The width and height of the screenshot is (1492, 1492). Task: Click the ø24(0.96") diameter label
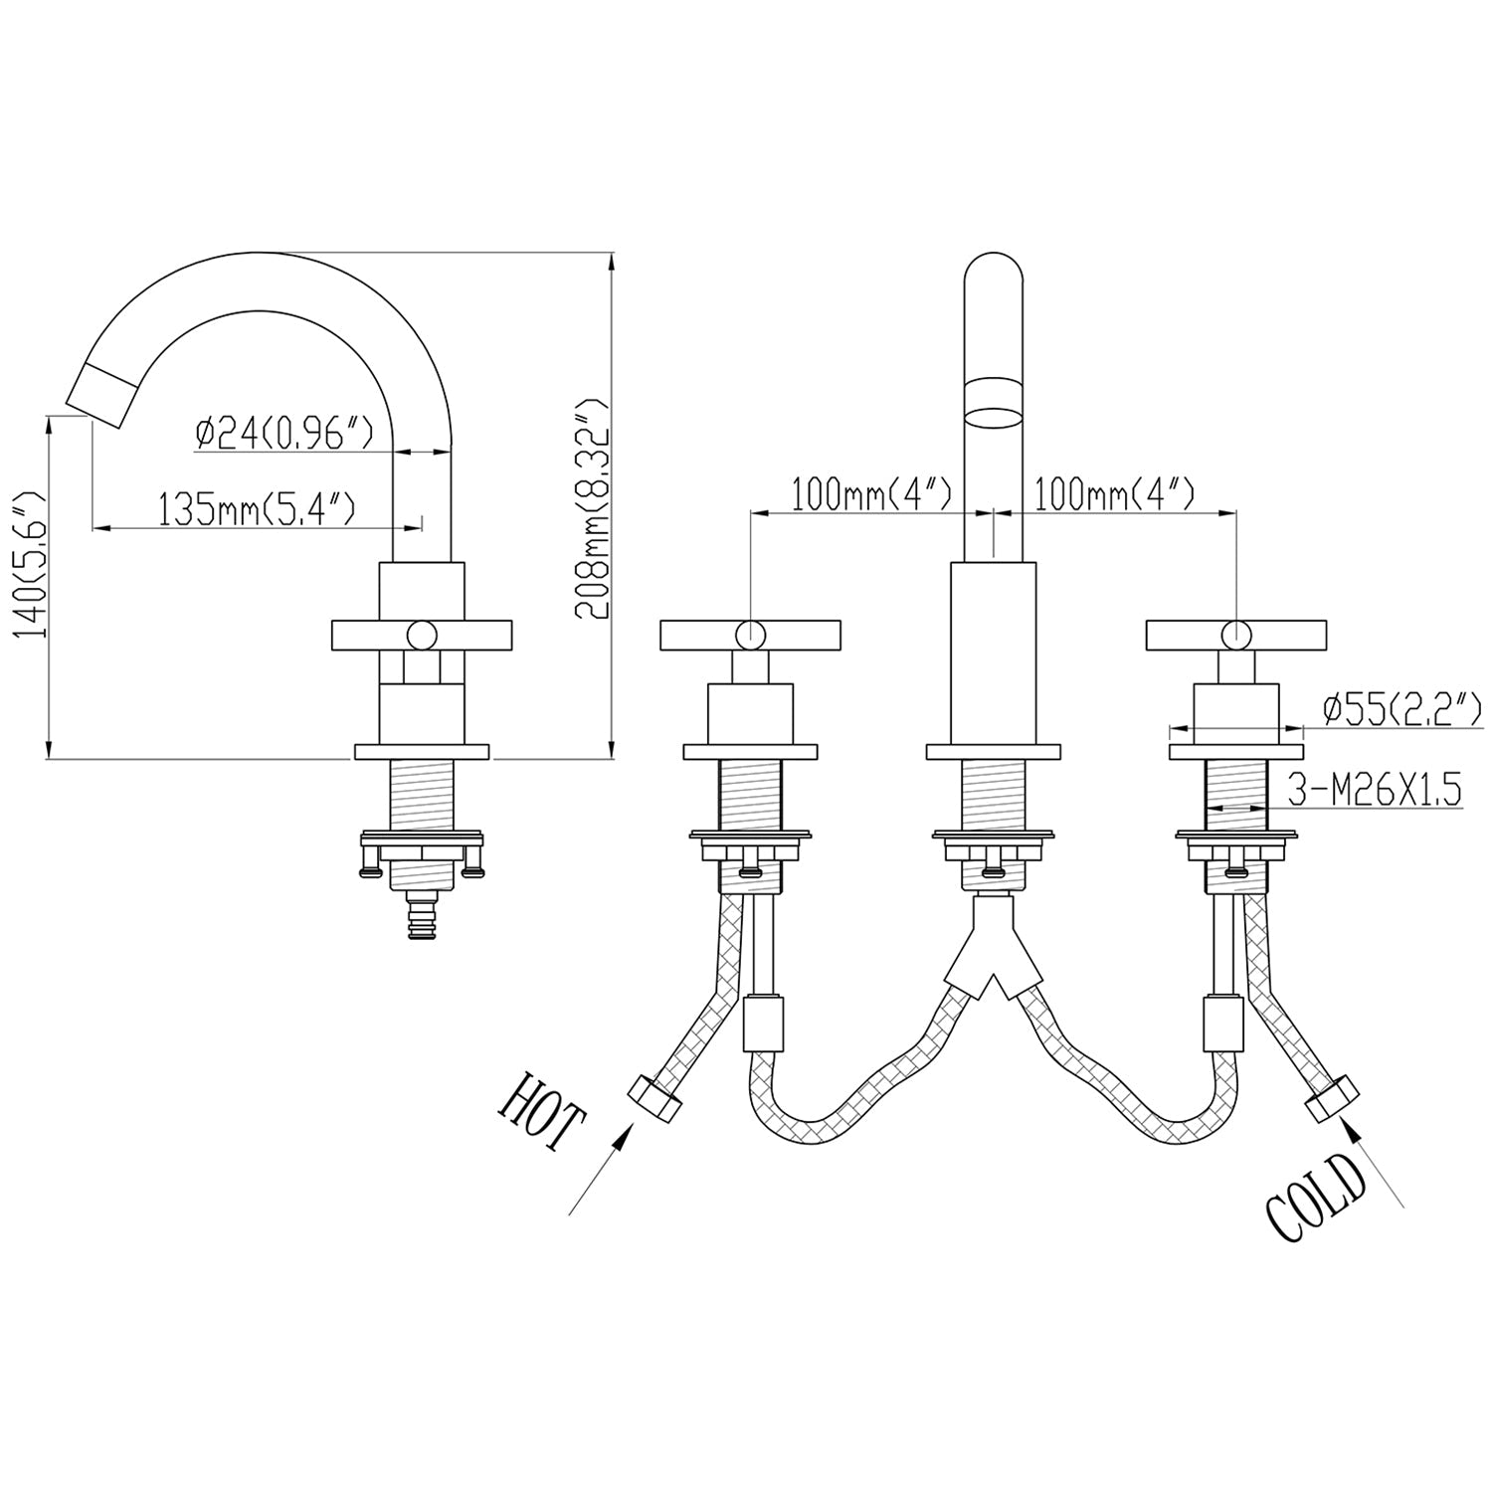283,434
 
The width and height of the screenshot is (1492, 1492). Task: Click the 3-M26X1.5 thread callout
1375,791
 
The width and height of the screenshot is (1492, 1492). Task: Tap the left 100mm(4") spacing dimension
871,493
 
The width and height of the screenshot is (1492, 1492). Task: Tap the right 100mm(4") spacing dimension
1114,493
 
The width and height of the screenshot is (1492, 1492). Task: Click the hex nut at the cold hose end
1333,1099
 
